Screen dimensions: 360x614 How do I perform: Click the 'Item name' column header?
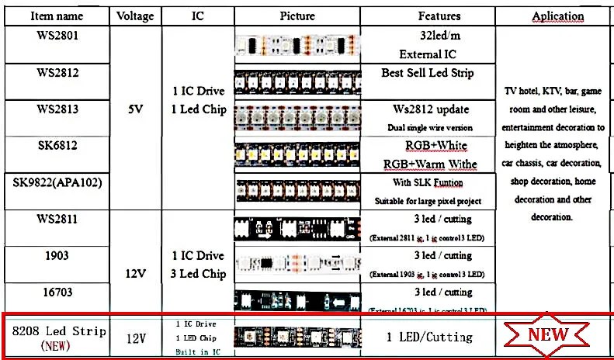pos(56,16)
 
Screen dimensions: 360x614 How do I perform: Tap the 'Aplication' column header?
pos(557,16)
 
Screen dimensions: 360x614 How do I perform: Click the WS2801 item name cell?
pos(57,36)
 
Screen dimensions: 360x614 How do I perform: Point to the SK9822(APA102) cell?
pos(57,182)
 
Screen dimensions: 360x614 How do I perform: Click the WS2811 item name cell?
pos(57,219)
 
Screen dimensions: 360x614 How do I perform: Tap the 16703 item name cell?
pos(57,292)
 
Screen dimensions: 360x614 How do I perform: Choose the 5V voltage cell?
pos(134,109)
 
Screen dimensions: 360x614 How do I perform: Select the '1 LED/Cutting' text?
pos(429,337)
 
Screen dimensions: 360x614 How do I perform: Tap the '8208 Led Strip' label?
pos(59,331)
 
